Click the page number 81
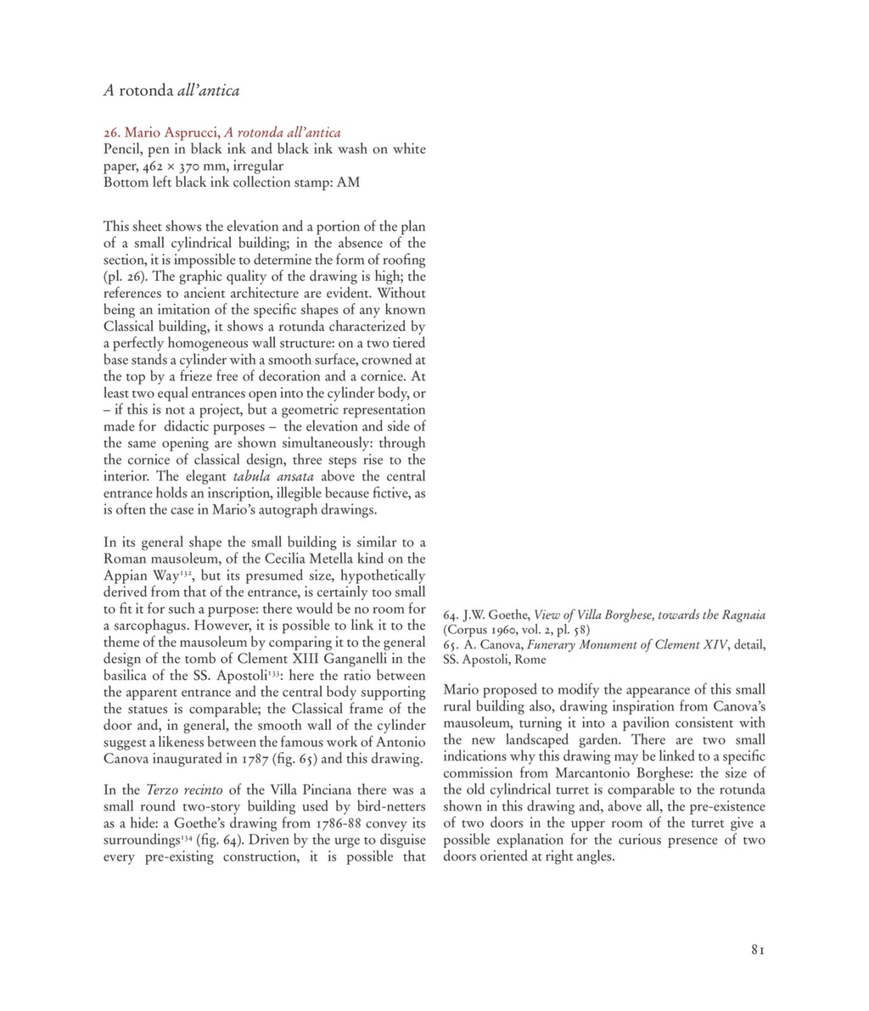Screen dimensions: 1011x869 pos(758,951)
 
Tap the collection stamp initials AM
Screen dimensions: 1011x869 pos(348,183)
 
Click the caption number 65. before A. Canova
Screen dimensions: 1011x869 pos(451,644)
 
